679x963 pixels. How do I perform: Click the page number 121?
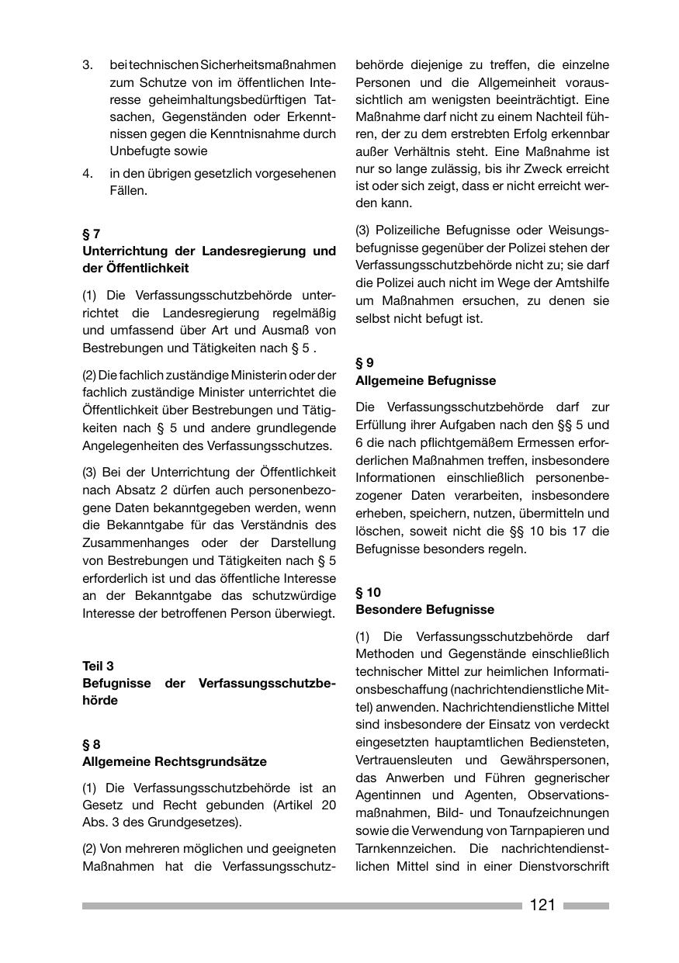[542, 905]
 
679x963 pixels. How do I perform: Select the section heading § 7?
[91, 234]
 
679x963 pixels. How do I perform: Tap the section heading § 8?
[91, 744]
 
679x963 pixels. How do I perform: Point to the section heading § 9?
[365, 362]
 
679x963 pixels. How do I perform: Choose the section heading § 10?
[368, 592]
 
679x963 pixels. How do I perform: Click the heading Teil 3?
[98, 666]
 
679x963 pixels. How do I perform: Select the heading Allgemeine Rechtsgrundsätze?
[174, 762]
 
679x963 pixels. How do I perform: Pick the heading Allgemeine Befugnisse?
[425, 380]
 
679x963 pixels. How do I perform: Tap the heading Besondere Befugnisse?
[424, 610]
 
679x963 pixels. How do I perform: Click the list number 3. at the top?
[88, 64]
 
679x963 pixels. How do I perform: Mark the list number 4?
[88, 173]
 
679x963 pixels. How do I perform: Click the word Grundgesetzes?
[202, 823]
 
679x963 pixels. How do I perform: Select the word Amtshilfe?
[580, 282]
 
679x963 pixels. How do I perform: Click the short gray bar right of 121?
[586, 906]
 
